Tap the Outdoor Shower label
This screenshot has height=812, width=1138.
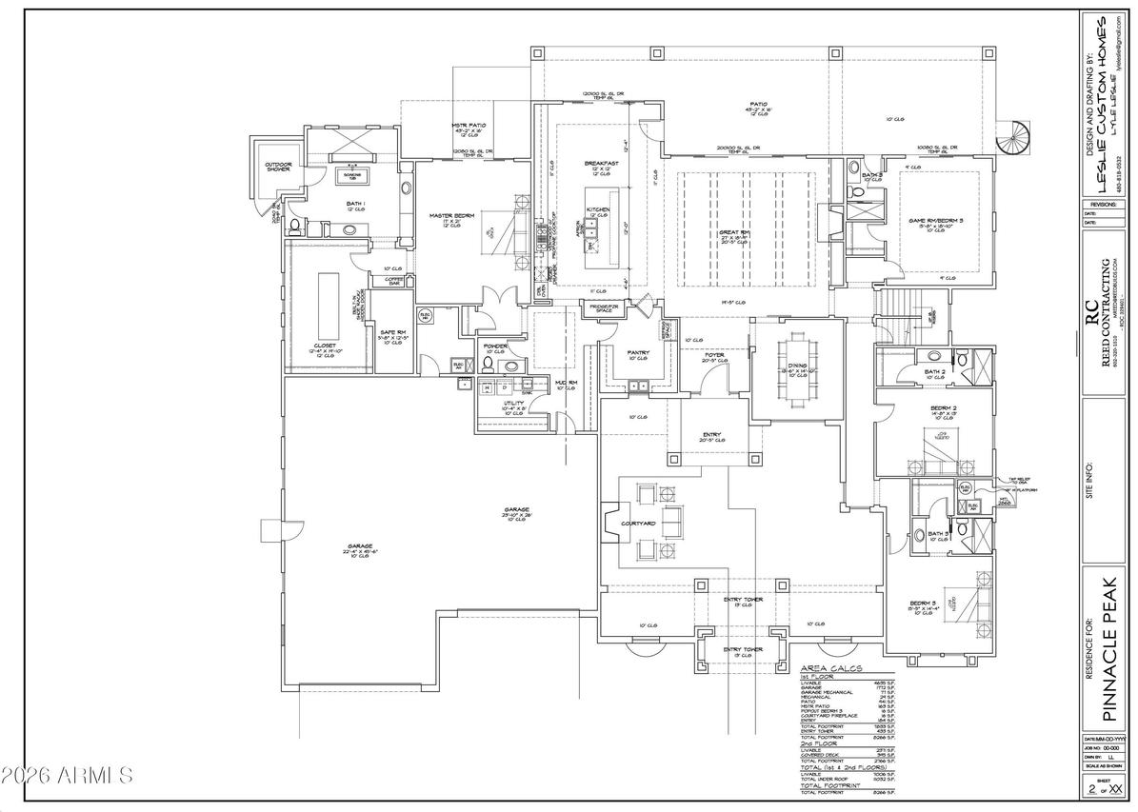coord(278,167)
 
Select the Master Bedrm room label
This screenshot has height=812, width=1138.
coord(451,216)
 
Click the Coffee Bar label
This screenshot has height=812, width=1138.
coord(394,281)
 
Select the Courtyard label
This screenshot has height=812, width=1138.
coord(637,524)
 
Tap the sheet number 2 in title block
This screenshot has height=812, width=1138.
coord(1091,789)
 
